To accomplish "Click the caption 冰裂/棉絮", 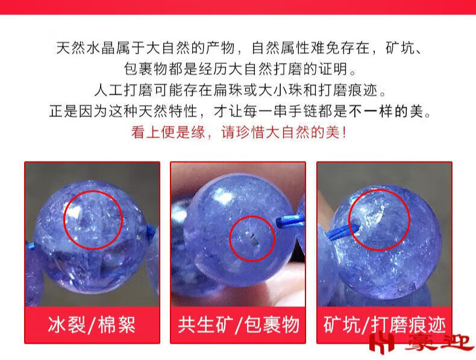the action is tap(92, 325).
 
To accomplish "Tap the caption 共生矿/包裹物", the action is tap(239, 325).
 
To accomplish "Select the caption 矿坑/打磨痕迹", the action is tap(384, 325).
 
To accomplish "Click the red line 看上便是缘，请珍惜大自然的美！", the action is tap(239, 133).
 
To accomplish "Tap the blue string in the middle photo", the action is tap(290, 221).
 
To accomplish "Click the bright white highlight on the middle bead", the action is tap(223, 196).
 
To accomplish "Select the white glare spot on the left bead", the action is tap(74, 212).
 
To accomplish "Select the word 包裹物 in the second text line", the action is tap(146, 69).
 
